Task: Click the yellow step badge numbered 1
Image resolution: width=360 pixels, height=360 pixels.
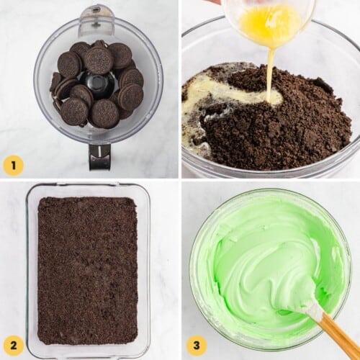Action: [x=13, y=166]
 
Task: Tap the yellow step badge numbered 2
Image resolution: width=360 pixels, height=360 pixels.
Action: [x=13, y=346]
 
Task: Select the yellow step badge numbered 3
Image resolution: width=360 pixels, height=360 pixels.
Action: [x=197, y=346]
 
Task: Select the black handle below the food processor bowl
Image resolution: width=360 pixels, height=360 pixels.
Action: [x=99, y=157]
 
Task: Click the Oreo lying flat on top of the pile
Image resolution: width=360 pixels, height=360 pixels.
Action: [x=99, y=60]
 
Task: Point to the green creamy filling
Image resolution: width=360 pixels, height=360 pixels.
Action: [x=259, y=259]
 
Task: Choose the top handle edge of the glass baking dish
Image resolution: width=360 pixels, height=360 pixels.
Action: [x=87, y=186]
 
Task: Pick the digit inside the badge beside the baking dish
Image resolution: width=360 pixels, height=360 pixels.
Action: [x=13, y=346]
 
